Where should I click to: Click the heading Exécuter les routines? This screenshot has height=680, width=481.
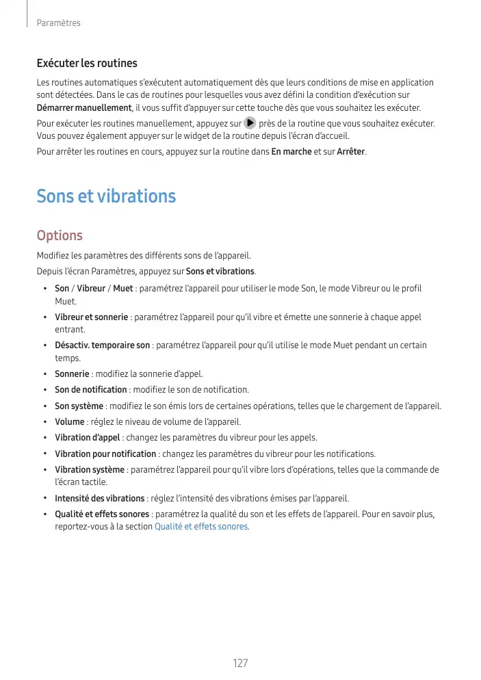87,64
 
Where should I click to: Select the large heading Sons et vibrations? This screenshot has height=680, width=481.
106,196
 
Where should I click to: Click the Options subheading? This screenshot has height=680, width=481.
60,235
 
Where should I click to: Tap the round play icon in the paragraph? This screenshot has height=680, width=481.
250,124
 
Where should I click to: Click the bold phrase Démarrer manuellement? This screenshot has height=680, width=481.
83,108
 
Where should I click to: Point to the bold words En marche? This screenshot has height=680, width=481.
291,151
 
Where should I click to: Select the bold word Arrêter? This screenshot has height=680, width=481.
350,151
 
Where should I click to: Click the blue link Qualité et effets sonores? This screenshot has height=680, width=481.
202,527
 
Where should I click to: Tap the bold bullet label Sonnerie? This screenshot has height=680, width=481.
72,374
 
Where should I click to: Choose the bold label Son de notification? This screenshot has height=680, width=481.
90,390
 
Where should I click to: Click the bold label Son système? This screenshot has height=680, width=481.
79,406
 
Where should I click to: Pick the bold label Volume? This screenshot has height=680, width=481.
69,421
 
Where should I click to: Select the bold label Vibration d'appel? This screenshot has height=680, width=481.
87,438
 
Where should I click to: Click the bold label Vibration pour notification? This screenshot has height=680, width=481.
105,454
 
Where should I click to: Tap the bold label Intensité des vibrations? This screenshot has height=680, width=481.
99,498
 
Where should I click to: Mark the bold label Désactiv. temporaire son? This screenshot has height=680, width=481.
102,345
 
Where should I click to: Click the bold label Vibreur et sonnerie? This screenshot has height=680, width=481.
91,317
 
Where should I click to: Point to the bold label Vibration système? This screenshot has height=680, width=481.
89,470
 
